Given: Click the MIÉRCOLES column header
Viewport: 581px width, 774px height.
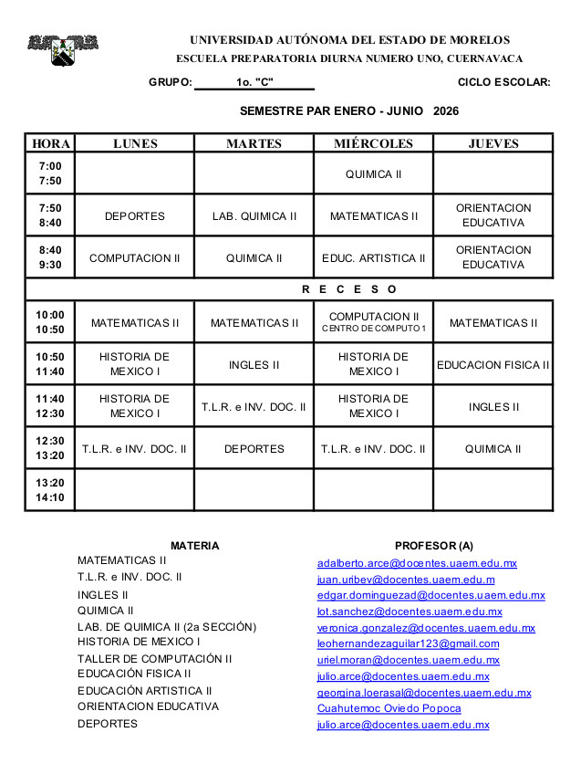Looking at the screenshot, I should click(x=373, y=143).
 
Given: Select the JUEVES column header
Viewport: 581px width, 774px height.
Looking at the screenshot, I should click(x=493, y=143).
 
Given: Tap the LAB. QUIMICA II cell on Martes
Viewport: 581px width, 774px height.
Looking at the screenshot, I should click(x=254, y=216).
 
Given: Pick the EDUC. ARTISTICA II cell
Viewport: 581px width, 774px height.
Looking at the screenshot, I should click(x=373, y=258).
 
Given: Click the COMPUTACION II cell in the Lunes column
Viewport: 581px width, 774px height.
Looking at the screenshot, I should click(x=135, y=258).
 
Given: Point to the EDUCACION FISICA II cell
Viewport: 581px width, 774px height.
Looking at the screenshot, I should click(x=493, y=365).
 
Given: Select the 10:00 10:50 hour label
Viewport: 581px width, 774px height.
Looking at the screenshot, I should click(x=50, y=322).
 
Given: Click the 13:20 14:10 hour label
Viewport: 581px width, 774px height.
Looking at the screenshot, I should click(x=50, y=490).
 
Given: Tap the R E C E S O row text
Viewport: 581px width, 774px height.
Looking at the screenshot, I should click(x=349, y=289).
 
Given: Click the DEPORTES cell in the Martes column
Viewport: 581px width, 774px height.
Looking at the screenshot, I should click(x=254, y=449).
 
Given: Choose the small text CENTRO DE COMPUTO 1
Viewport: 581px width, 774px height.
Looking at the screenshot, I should click(x=373, y=329).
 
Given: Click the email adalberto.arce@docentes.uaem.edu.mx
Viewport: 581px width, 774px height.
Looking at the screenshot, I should click(x=417, y=563).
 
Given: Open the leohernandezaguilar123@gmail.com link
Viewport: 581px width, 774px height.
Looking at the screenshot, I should click(x=408, y=643).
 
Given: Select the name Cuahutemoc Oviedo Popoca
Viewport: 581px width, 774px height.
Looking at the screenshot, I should click(x=389, y=708).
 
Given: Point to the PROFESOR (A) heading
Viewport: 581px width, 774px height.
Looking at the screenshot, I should click(x=433, y=546).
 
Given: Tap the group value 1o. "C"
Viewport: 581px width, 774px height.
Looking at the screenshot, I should click(x=254, y=82).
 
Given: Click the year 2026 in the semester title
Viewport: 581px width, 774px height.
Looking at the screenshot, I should click(x=446, y=111).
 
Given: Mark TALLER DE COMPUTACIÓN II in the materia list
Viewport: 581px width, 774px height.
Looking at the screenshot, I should click(x=154, y=658).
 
